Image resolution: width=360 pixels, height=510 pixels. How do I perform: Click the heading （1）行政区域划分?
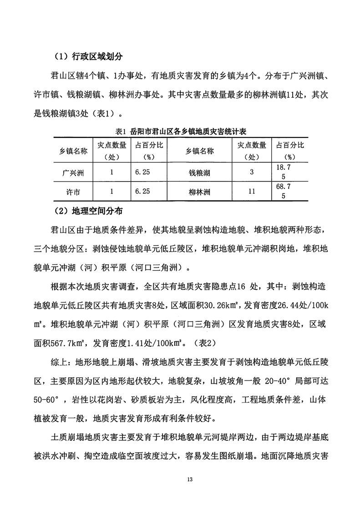tap(88, 57)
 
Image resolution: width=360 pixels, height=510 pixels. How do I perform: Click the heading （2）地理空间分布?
tap(88, 211)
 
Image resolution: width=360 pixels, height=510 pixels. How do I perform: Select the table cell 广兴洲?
tap(73, 173)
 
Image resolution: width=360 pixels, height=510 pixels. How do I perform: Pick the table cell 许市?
tap(73, 192)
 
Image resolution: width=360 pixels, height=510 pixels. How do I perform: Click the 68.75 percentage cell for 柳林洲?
tap(284, 192)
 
